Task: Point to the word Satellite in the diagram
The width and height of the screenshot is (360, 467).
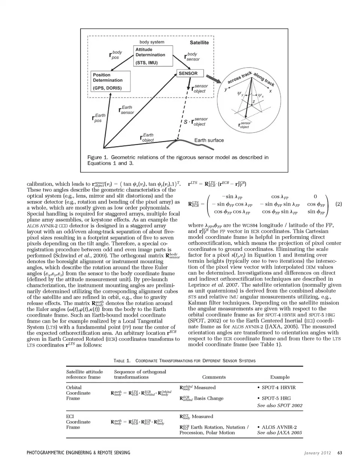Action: tap(199, 43)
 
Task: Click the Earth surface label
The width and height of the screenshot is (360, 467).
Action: tap(209, 140)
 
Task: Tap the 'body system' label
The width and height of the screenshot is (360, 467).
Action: tap(152, 42)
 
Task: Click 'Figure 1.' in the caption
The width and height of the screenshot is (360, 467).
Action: tap(97, 157)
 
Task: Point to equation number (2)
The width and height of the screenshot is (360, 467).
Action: tap(339, 204)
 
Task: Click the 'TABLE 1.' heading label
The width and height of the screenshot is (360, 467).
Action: tap(122, 361)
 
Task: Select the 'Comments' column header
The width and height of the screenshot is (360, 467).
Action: tap(214, 377)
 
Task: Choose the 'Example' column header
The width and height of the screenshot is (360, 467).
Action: tap(280, 377)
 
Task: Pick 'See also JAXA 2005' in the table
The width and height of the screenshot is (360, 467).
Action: tap(279, 432)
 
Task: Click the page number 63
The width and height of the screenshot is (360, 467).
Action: tap(340, 453)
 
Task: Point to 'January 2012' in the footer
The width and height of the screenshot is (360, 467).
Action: tap(317, 453)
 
